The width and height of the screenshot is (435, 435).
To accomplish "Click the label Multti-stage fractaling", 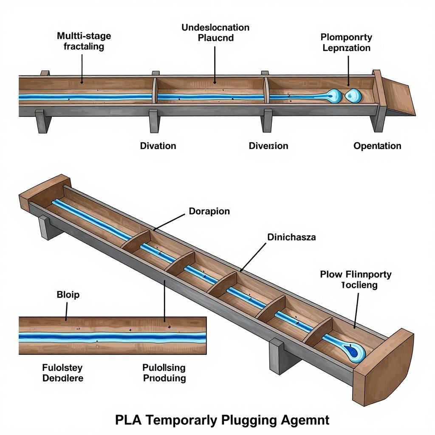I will pos(84,41).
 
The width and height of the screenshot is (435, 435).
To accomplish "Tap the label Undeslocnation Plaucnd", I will pos(215,32).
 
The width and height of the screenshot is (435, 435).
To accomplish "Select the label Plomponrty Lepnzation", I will pos(346,42).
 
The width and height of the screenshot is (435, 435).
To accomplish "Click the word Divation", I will pos(158,146).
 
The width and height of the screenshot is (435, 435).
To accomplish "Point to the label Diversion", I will pos(268,146).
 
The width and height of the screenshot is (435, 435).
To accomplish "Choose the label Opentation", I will pos(377,146).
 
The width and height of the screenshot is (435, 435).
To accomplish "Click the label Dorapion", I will pos(209,211).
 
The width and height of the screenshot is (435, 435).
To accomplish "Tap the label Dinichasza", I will pos(291,237).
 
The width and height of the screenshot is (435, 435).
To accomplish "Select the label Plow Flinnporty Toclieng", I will pos(356,280).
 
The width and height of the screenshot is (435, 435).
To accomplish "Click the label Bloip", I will pos(68,294).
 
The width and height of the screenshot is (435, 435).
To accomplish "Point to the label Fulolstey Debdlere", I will pos(63,373).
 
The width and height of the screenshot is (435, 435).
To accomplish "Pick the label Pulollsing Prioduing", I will pos(164,373).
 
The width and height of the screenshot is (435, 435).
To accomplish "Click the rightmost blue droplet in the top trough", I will pos(353,96).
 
